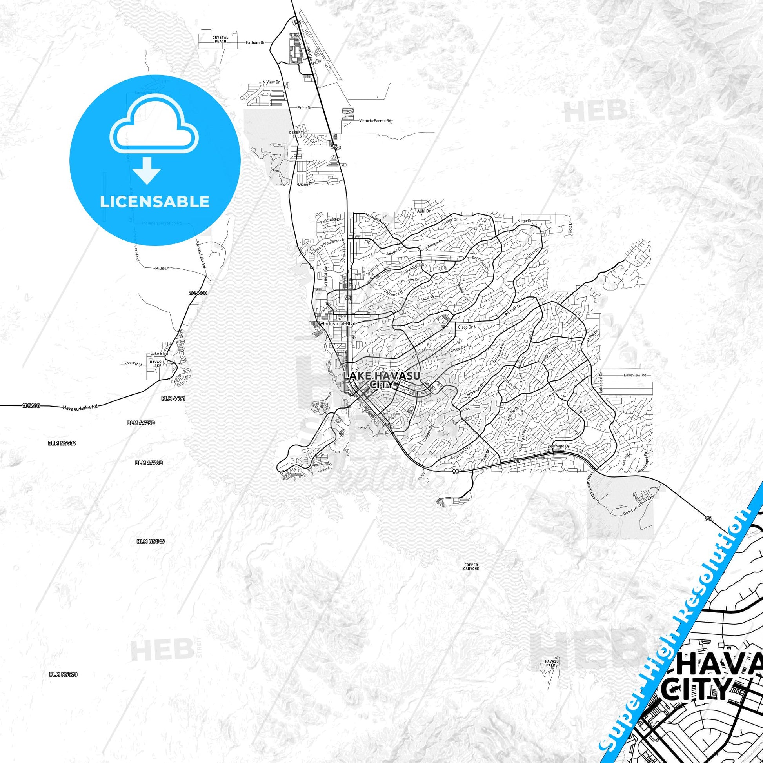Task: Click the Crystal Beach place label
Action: tap(220, 39)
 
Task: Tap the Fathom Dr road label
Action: tap(255, 42)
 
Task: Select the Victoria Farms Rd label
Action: tap(376, 121)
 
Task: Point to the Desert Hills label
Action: tap(295, 134)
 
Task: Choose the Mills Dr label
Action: tap(162, 268)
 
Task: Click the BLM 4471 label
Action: tap(173, 398)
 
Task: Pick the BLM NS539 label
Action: tap(62, 443)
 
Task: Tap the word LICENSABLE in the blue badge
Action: tap(155, 202)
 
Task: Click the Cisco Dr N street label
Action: tap(467, 327)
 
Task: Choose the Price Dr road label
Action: tap(305, 107)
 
